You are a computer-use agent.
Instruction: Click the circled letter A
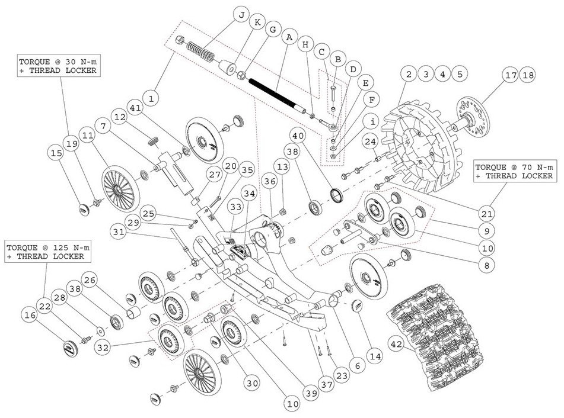[x=289, y=37]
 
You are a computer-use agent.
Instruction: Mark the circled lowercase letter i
[x=372, y=123]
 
